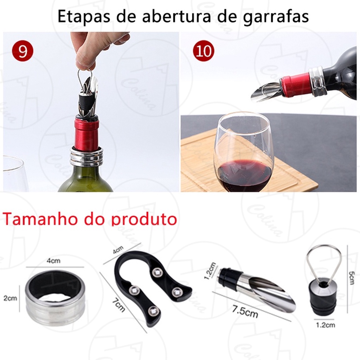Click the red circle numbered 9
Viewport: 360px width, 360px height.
click(22, 51)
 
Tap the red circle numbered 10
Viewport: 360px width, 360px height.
click(204, 51)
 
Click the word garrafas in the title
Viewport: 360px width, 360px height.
click(276, 17)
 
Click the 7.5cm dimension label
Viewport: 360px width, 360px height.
click(245, 311)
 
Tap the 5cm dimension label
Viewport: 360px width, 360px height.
click(351, 278)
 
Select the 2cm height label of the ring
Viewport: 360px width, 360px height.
click(10, 298)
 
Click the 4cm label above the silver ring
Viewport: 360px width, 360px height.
click(53, 261)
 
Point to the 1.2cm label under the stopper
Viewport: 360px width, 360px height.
click(325, 325)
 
